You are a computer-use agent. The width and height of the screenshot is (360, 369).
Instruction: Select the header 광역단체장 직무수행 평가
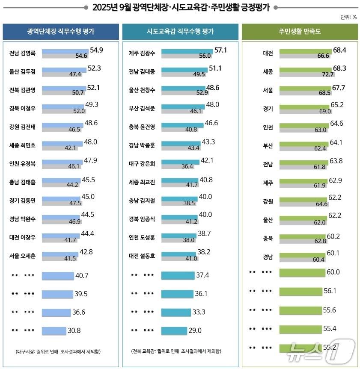tap(61, 32)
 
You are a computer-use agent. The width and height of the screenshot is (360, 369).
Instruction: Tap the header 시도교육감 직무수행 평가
tap(180, 32)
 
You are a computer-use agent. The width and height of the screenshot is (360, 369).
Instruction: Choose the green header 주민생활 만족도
tap(300, 32)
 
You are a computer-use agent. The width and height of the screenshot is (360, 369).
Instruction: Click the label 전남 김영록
tap(22, 53)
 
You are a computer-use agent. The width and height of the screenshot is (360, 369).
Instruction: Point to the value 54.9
tap(96, 50)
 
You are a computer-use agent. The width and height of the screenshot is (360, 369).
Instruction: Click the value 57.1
tap(220, 50)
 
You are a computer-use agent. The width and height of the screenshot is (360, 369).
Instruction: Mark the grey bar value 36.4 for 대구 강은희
tap(187, 166)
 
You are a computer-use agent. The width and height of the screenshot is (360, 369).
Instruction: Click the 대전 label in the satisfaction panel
tap(268, 53)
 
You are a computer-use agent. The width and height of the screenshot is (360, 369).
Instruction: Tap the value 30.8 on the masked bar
tap(74, 330)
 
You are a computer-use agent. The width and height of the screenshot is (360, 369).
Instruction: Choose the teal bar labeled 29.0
tap(174, 331)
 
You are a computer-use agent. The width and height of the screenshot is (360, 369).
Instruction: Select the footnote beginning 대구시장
tap(61, 351)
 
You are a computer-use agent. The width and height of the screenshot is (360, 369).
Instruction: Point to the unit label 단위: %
tap(348, 17)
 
